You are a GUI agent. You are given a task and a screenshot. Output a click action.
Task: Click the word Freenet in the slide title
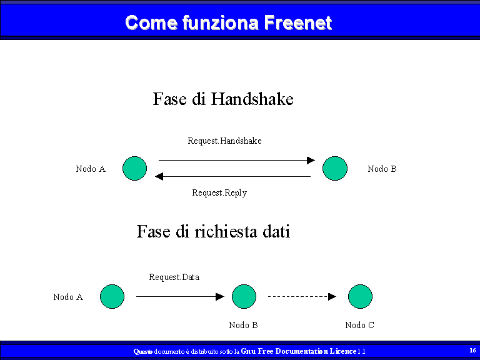pyautogui.click(x=298, y=22)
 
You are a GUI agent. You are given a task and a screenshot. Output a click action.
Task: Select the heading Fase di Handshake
pyautogui.click(x=223, y=99)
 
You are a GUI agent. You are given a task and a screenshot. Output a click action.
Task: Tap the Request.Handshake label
pyautogui.click(x=225, y=141)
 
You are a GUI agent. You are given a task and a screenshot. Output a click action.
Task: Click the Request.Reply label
pyautogui.click(x=219, y=193)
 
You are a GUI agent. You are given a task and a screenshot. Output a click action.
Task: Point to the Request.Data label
pyautogui.click(x=174, y=277)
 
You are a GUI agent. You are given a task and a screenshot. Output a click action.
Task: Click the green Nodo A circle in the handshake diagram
pyautogui.click(x=135, y=168)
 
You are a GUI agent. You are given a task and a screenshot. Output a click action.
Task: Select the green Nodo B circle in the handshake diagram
pyautogui.click(x=335, y=168)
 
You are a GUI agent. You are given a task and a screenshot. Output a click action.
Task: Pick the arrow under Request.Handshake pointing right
pyautogui.click(x=237, y=160)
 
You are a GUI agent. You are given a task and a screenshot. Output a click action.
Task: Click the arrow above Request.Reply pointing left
pyautogui.click(x=232, y=176)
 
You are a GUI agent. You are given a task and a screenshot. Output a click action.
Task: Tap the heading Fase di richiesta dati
pyautogui.click(x=213, y=231)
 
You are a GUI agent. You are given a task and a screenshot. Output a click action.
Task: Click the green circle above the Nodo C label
pyautogui.click(x=360, y=296)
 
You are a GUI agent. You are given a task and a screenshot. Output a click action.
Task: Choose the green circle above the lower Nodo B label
pyautogui.click(x=244, y=296)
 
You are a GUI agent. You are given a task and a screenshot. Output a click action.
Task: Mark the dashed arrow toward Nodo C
pyautogui.click(x=302, y=296)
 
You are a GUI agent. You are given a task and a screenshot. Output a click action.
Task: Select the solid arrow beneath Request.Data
pyautogui.click(x=180, y=296)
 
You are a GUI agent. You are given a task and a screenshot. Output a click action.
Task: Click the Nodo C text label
pyautogui.click(x=360, y=325)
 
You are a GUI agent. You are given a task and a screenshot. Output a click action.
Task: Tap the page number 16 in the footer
pyautogui.click(x=472, y=350)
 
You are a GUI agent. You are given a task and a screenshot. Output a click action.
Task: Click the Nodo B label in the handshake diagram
pyautogui.click(x=382, y=169)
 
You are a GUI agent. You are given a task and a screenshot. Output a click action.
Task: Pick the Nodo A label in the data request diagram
pyautogui.click(x=68, y=297)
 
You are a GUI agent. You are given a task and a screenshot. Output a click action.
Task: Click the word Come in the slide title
pyautogui.click(x=151, y=22)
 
